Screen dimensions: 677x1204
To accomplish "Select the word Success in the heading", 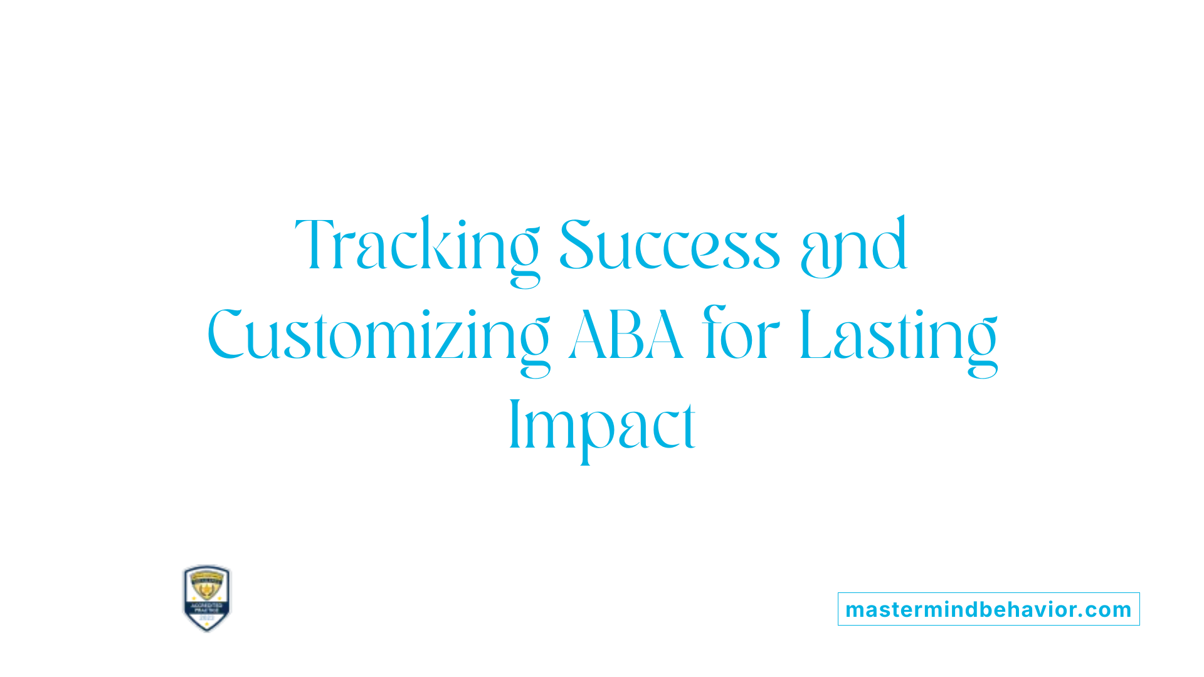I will pos(669,246).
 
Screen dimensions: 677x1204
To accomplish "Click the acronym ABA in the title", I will pos(625,335).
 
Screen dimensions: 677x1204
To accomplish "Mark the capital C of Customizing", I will pos(225,335).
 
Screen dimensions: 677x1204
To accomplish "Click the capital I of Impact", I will pos(515,424).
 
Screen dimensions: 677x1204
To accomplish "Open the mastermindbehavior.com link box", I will pos(988,609).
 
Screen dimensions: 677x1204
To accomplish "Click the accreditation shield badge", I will pos(206,598).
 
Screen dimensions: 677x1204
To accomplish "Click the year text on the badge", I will pos(206,617).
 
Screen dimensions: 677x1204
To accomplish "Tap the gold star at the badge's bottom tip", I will pos(206,626).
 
